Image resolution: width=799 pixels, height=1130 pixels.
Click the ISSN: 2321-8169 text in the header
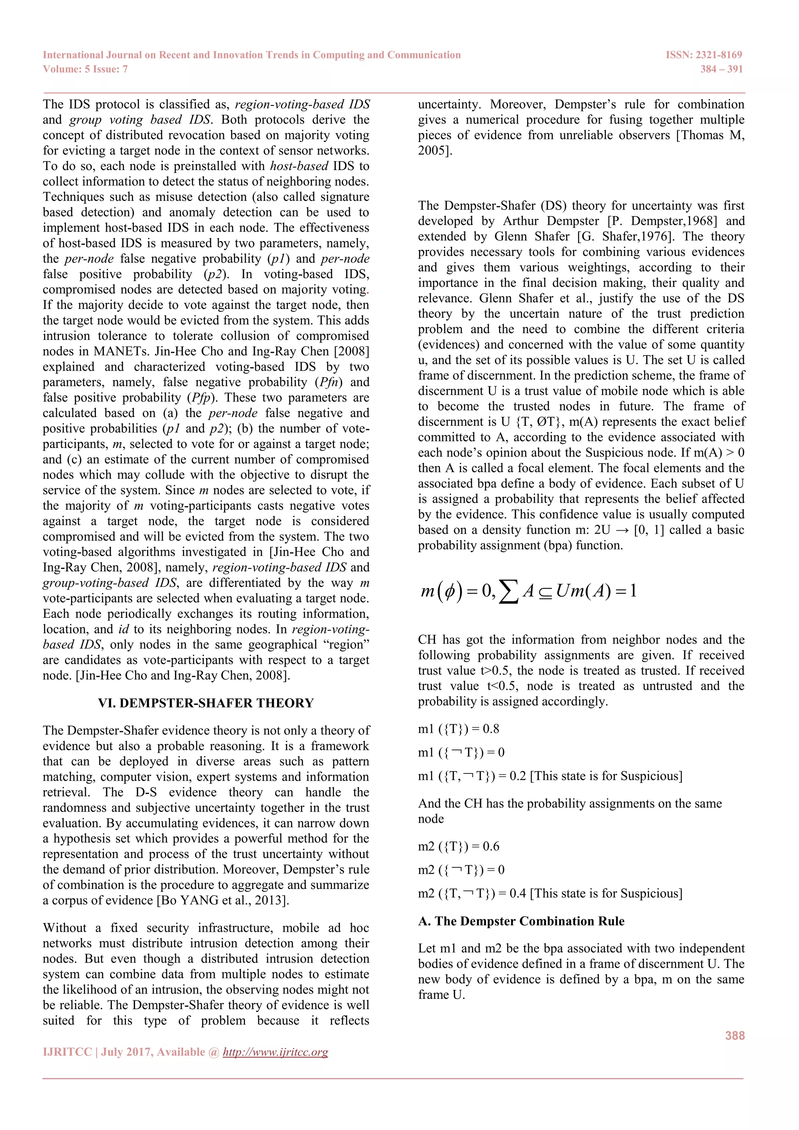tap(703, 55)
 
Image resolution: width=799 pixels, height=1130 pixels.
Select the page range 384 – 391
tap(721, 69)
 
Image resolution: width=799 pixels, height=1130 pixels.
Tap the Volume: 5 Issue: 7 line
tap(85, 69)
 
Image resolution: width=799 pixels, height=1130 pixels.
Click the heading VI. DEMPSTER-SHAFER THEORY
tap(206, 703)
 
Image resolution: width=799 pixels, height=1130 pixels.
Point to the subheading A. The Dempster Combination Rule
tap(521, 921)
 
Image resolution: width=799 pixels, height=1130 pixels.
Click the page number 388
tap(735, 1036)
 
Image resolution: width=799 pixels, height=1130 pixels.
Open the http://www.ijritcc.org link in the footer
tap(275, 1052)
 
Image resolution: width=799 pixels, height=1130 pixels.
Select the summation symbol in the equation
tap(508, 591)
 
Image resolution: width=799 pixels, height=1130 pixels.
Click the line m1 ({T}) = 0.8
tap(458, 729)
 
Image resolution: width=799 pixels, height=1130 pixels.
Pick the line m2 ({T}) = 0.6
tap(458, 846)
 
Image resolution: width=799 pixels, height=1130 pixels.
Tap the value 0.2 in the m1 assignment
tap(518, 776)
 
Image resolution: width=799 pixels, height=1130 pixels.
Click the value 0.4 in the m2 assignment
tap(518, 893)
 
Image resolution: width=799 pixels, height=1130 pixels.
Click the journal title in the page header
tap(251, 55)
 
